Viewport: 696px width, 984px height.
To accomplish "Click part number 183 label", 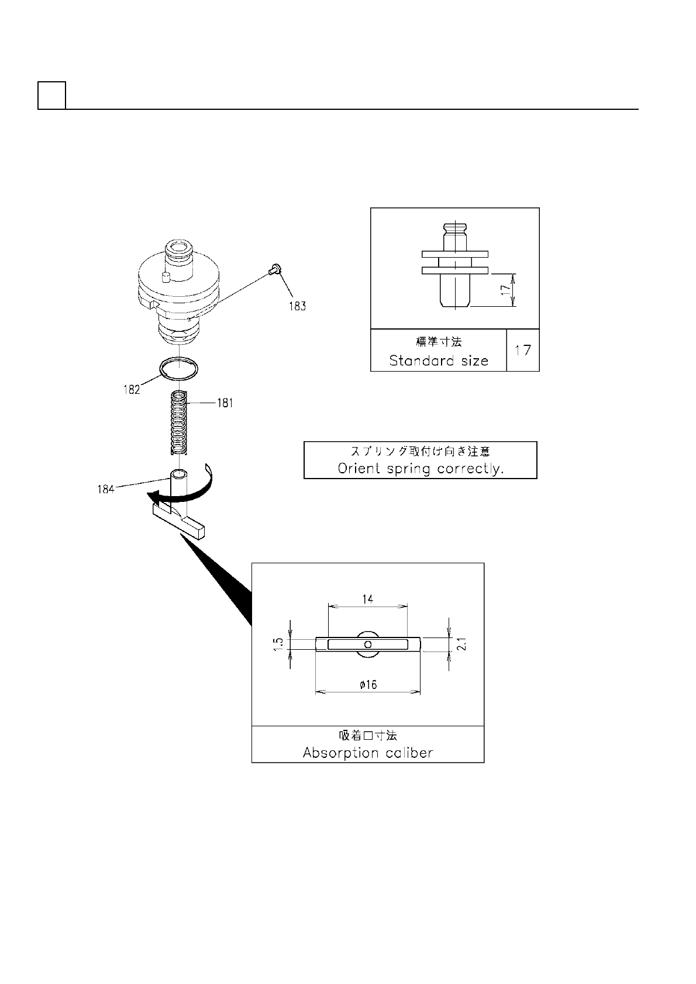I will pyautogui.click(x=297, y=306).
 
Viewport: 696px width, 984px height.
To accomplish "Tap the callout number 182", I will pyautogui.click(x=132, y=390).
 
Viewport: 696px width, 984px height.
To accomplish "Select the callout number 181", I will pyautogui.click(x=225, y=403).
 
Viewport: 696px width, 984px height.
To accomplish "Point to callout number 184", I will pyautogui.click(x=106, y=490).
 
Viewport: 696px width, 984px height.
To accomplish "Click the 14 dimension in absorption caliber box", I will pyautogui.click(x=367, y=598).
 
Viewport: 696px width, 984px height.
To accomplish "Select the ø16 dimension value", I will pyautogui.click(x=368, y=684).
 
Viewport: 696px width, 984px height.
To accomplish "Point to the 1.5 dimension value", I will pyautogui.click(x=279, y=644).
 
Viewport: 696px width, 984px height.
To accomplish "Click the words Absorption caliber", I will pyautogui.click(x=368, y=753).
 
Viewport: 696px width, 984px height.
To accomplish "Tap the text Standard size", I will pyautogui.click(x=439, y=361).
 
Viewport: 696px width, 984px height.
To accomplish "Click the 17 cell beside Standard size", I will pyautogui.click(x=523, y=350).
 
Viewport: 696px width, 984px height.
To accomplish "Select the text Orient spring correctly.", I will pyautogui.click(x=421, y=469).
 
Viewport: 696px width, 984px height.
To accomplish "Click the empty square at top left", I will pyautogui.click(x=51, y=95).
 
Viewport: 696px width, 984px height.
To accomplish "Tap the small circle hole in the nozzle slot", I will pyautogui.click(x=367, y=644).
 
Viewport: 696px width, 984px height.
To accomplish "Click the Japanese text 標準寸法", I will pyautogui.click(x=439, y=341).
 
